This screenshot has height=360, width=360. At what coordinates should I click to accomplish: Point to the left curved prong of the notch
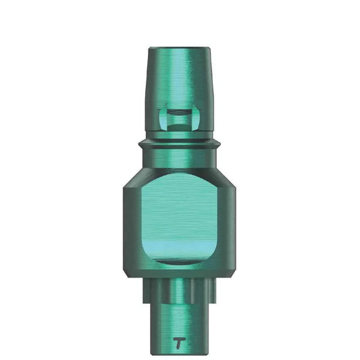(163, 116)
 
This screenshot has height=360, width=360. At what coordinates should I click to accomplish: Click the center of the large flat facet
(180, 216)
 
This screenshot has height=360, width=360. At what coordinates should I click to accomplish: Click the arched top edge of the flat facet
(180, 174)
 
